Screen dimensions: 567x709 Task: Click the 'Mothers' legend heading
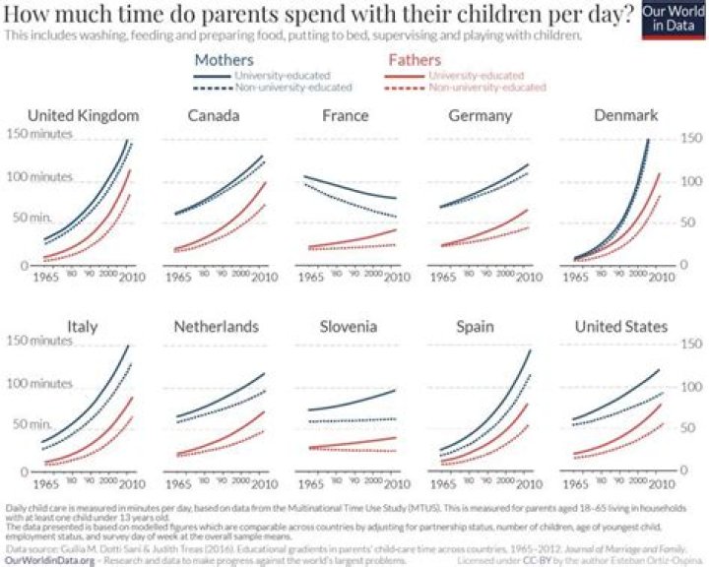click(x=224, y=61)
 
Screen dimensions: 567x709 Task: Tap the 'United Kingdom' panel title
click(x=84, y=116)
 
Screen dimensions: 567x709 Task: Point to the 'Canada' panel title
click(x=213, y=116)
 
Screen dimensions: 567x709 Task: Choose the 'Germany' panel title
click(x=481, y=116)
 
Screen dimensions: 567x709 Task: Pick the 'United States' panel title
click(x=620, y=326)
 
